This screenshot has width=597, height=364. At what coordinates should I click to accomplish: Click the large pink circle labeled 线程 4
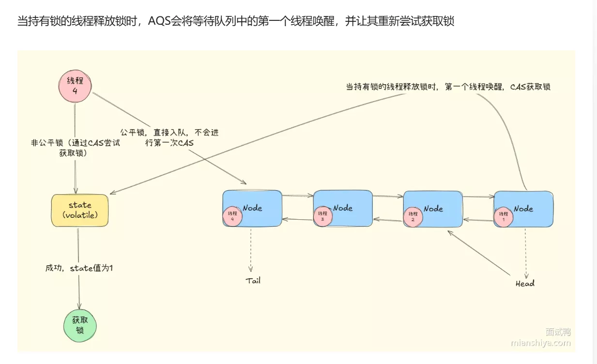(x=75, y=85)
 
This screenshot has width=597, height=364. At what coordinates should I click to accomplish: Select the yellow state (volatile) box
(x=80, y=210)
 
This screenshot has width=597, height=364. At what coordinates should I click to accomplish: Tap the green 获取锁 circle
(x=80, y=325)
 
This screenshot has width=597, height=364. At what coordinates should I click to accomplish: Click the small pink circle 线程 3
(x=322, y=216)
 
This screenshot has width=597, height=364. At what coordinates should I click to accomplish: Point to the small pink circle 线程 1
(x=504, y=216)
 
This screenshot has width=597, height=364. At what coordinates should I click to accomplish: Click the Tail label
(x=253, y=280)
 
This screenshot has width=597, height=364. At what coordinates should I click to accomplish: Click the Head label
(x=525, y=283)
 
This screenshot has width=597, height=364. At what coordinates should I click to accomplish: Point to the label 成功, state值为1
(x=79, y=268)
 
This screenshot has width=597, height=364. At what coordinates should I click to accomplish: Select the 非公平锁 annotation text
(x=75, y=148)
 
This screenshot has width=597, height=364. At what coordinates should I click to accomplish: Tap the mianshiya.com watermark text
(x=541, y=343)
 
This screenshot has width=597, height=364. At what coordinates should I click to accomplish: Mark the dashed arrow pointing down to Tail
(x=251, y=249)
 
